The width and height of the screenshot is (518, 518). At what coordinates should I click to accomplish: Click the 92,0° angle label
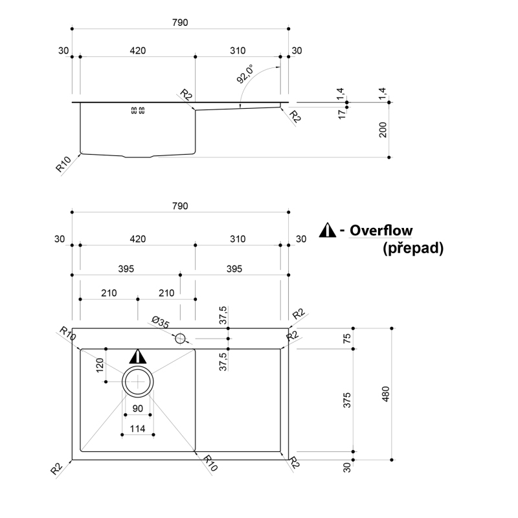pos(245,74)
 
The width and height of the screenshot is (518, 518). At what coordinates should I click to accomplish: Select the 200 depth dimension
pos(383,130)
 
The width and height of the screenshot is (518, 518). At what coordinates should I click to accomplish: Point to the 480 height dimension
pos(385,394)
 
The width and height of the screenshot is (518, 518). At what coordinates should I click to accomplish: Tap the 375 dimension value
pos(347,400)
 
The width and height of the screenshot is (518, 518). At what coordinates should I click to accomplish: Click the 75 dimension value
pos(347,339)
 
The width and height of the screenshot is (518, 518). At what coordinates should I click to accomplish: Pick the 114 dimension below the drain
pos(137,429)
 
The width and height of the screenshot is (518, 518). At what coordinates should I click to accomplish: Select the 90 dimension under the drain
pos(137,409)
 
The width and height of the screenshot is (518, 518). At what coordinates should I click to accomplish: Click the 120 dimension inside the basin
pos(100,365)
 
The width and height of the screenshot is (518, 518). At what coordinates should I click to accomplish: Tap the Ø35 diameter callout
pos(161,322)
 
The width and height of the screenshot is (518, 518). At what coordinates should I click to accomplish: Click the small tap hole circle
pos(180,339)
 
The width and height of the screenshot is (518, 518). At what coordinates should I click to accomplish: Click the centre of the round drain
pos(138,381)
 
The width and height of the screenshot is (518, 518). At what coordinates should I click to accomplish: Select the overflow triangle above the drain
pos(138,357)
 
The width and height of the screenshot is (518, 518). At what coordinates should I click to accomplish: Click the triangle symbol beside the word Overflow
pos(328,230)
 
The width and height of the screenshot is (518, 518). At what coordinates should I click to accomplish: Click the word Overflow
pos(381,231)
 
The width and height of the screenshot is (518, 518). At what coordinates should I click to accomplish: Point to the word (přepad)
pos(413,248)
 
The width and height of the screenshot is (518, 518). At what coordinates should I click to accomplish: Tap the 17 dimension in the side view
pos(342,115)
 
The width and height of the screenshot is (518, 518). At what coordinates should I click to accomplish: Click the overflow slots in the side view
pos(138,110)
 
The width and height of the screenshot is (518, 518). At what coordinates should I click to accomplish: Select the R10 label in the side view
pos(63,164)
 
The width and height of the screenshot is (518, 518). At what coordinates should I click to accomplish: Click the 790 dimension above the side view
pos(180,23)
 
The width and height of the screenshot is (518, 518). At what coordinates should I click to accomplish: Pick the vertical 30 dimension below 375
pos(347,467)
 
